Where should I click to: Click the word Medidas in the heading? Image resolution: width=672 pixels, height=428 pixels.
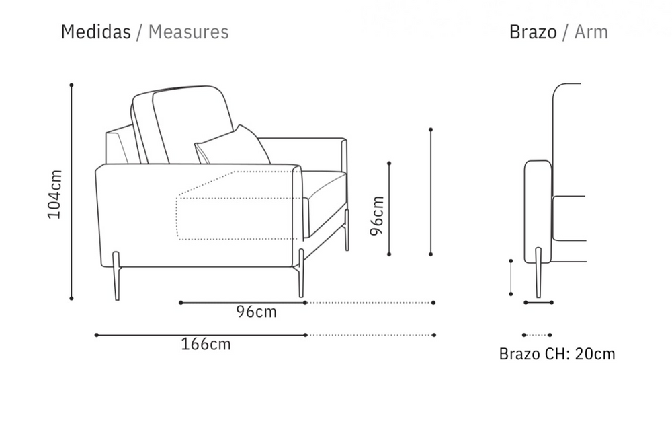(95, 32)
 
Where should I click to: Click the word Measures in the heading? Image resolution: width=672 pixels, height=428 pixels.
(189, 32)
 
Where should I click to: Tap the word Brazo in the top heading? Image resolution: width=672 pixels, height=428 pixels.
(533, 32)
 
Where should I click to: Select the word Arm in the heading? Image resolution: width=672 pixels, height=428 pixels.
(591, 32)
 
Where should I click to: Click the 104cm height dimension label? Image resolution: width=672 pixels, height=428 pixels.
(55, 194)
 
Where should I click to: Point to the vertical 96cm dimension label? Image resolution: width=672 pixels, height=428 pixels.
(377, 215)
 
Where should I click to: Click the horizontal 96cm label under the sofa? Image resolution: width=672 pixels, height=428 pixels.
(256, 312)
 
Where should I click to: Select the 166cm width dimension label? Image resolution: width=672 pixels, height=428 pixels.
(206, 344)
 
